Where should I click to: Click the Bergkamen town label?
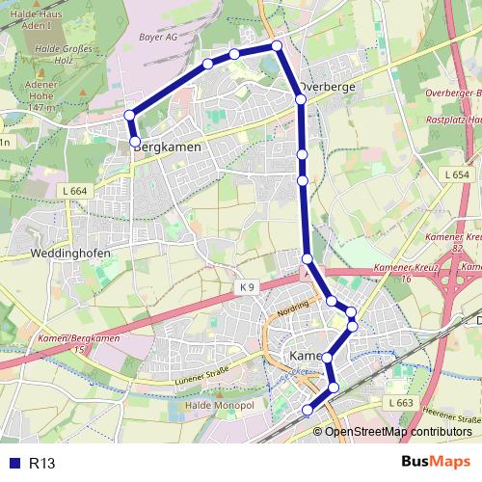point(167,147)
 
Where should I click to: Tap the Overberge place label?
point(328,86)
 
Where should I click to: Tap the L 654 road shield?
point(458,174)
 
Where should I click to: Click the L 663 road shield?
point(400,401)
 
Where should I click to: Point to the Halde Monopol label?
point(218,405)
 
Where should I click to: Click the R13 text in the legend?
point(42,463)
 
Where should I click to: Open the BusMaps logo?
point(436,462)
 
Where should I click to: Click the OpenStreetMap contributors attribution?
point(397,432)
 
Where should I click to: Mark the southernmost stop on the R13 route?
point(308,411)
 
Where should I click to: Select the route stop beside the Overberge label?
point(301,98)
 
